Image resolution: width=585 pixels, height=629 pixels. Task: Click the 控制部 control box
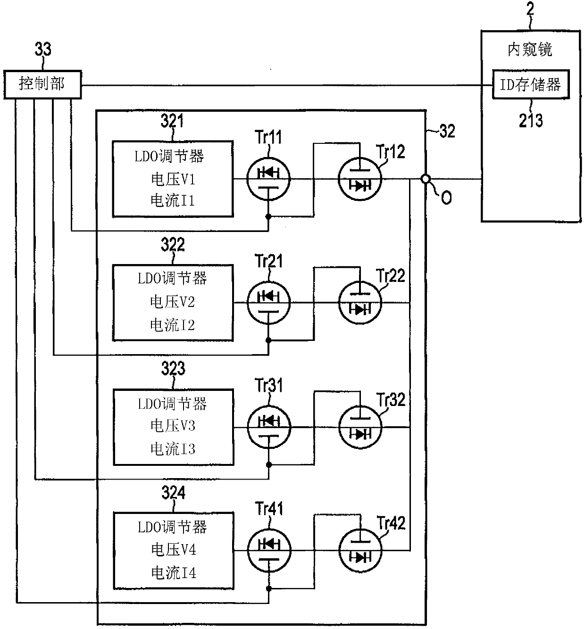tap(42, 84)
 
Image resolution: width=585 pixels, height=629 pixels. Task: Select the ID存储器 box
tap(531, 84)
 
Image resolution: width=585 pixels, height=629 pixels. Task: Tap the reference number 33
tap(43, 49)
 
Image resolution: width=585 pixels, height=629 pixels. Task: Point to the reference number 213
tap(531, 120)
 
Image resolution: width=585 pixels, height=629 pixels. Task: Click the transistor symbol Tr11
tap(268, 179)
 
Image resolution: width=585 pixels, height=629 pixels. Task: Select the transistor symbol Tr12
tap(360, 179)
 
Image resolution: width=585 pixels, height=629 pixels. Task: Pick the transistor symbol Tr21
tap(268, 303)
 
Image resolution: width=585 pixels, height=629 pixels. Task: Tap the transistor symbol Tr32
tap(360, 427)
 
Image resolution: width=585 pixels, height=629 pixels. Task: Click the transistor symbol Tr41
tap(268, 551)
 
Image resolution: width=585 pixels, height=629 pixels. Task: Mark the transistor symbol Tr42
tap(360, 551)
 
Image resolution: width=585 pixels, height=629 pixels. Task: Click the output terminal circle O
tap(426, 179)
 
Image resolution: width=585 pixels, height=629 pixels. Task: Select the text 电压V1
tap(173, 179)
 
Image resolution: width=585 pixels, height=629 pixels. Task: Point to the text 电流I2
tap(173, 325)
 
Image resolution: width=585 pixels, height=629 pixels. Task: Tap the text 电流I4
tap(174, 573)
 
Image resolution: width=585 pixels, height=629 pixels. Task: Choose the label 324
tap(173, 492)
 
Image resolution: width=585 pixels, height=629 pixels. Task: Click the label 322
tap(173, 245)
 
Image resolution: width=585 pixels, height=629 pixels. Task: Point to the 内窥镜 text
tap(530, 50)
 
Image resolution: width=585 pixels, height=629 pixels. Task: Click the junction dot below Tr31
tap(269, 464)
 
